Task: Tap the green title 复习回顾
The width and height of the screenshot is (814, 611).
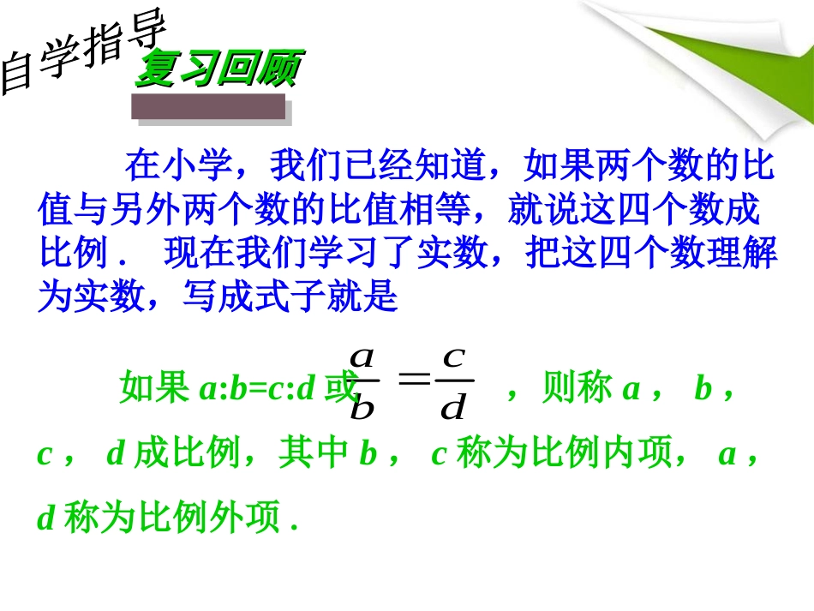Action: (x=218, y=69)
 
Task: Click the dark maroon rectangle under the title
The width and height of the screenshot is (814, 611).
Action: (x=208, y=107)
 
